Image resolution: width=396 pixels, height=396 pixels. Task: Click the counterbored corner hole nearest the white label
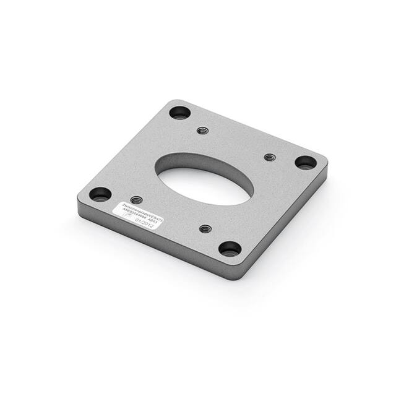[100, 194]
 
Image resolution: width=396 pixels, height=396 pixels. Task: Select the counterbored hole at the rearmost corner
[179, 113]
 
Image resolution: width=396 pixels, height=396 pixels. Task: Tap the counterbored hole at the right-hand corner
[305, 163]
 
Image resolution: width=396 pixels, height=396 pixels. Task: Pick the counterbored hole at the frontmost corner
[230, 249]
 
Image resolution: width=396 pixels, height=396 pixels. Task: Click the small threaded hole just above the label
[137, 200]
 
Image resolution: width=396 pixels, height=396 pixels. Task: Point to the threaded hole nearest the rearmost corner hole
[202, 131]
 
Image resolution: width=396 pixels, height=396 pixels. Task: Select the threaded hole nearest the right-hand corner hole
[269, 157]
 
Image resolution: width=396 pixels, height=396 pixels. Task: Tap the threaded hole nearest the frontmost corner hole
[205, 228]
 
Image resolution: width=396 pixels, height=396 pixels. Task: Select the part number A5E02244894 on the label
[137, 217]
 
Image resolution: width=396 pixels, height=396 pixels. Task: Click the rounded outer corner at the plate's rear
[177, 101]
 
